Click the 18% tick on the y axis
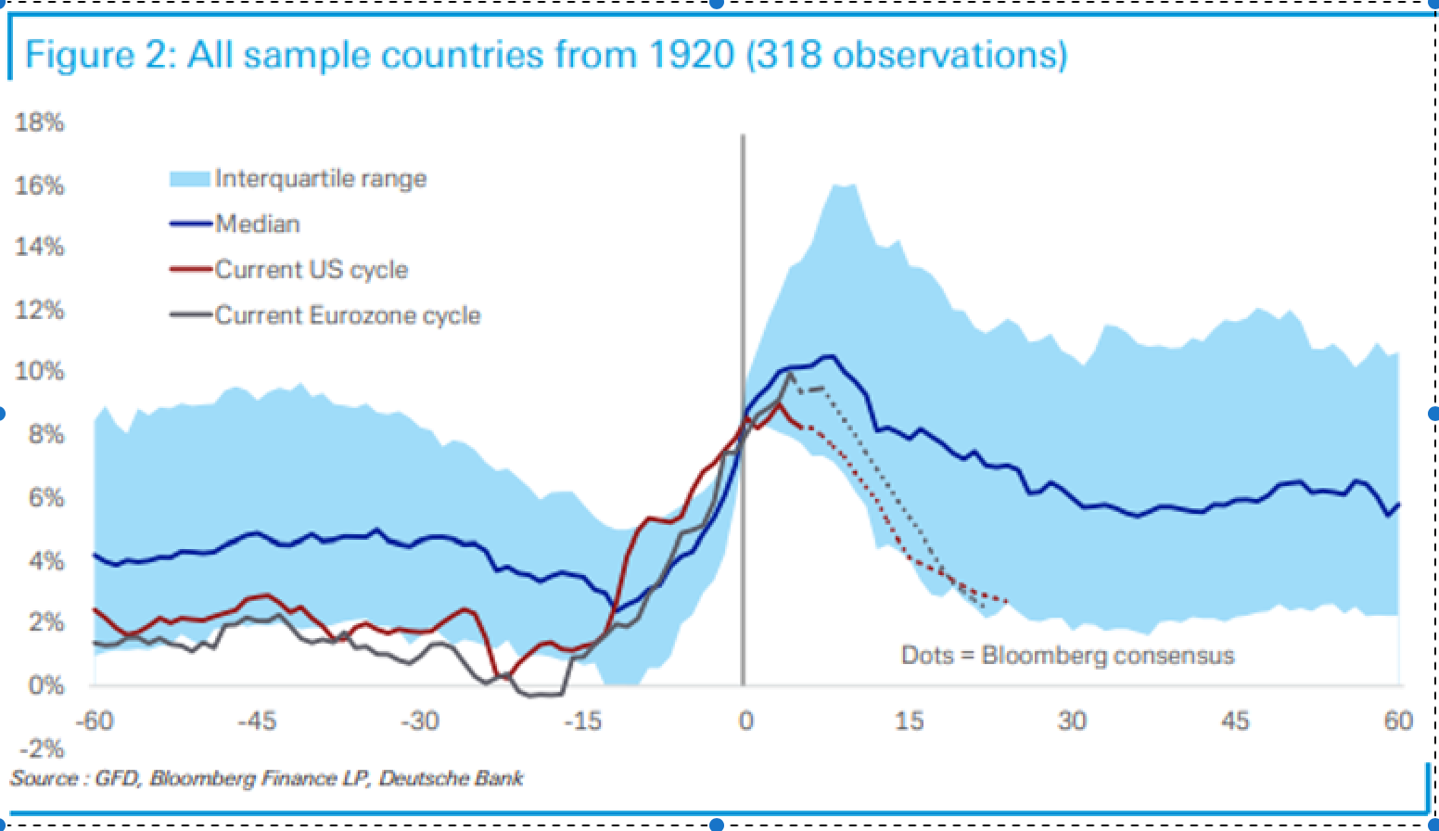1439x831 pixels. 39,122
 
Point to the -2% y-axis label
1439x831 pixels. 39,748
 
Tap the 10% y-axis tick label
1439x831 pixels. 39,372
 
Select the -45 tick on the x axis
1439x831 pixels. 257,721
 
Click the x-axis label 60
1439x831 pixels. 1398,721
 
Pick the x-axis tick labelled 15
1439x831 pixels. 910,721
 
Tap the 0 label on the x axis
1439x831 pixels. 745,721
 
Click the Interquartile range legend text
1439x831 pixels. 321,178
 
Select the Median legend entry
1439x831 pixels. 258,224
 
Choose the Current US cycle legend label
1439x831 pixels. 312,270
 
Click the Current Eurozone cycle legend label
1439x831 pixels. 348,315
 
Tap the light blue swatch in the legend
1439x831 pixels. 191,178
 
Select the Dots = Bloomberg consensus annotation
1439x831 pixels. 1067,656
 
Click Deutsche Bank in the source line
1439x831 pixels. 451,777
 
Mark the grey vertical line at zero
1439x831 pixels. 743,278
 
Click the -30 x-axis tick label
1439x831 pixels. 420,721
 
